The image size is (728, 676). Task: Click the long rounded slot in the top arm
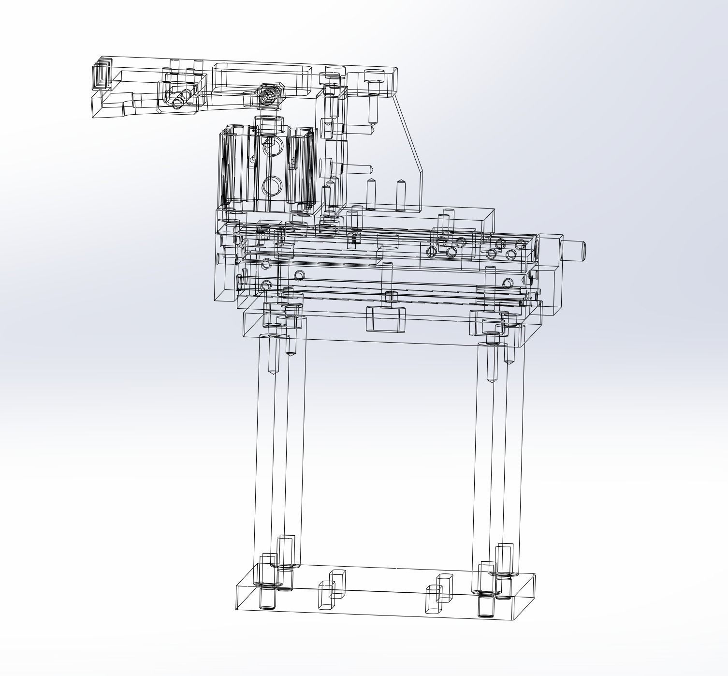click(262, 77)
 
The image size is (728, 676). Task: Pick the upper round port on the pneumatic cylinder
click(271, 145)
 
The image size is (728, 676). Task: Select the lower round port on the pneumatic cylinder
click(271, 185)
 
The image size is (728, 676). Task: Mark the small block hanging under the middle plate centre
click(385, 319)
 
